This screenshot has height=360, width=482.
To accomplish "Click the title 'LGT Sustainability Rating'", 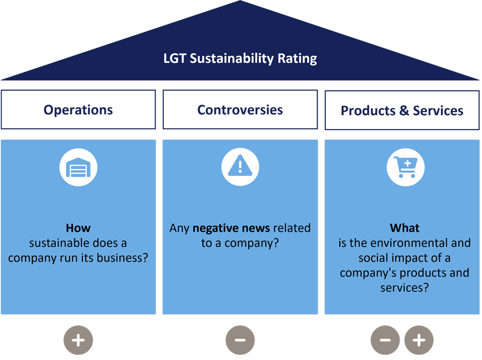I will pyautogui.click(x=240, y=59).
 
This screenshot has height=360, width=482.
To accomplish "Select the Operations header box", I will pyautogui.click(x=78, y=110).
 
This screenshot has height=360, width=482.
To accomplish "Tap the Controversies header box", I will pyautogui.click(x=240, y=110).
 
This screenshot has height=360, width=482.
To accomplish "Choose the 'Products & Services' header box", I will pyautogui.click(x=402, y=110).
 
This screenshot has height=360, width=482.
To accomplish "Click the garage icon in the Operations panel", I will pyautogui.click(x=78, y=167).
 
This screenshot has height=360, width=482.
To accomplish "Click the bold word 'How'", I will pyautogui.click(x=78, y=227).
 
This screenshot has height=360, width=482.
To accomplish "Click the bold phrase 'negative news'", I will pyautogui.click(x=228, y=227).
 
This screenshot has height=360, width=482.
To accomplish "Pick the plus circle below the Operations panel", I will pyautogui.click(x=78, y=340).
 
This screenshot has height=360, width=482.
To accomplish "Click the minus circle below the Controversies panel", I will pyautogui.click(x=240, y=340).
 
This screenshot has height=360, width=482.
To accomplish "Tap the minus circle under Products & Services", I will pyautogui.click(x=385, y=340).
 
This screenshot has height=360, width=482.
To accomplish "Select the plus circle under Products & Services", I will pyautogui.click(x=419, y=340).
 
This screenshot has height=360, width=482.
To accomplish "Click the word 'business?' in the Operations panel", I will pyautogui.click(x=122, y=258).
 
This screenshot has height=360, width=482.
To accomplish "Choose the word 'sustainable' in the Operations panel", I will pyautogui.click(x=57, y=243).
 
